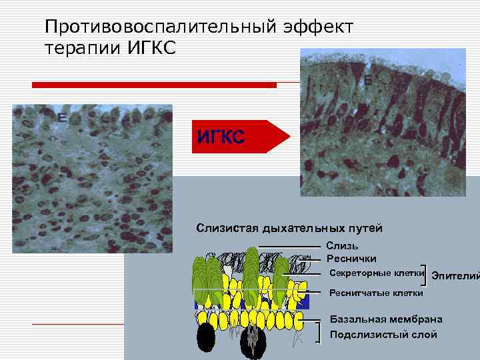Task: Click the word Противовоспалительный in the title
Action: [x=151, y=27]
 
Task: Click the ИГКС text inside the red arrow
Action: [x=221, y=137]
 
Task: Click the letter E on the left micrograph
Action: [x=61, y=118]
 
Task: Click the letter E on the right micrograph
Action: [x=368, y=80]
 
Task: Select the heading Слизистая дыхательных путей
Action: [x=289, y=229]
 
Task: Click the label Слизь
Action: [x=342, y=247]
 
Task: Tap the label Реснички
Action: [x=351, y=259]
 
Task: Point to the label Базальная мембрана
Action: [x=386, y=320]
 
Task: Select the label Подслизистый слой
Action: [x=383, y=334]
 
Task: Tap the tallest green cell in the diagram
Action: [x=251, y=273]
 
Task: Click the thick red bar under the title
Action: [x=154, y=85]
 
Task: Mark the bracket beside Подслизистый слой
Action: [x=320, y=331]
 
